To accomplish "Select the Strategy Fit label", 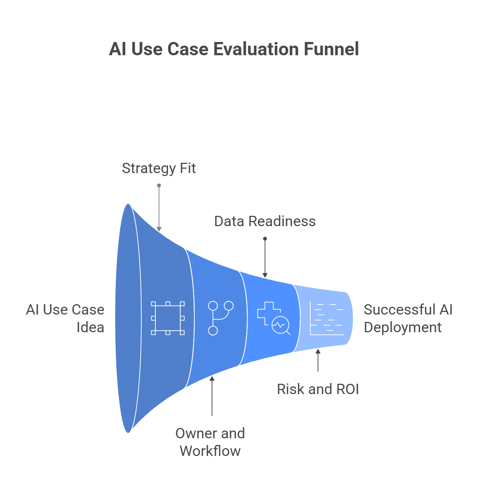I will pyautogui.click(x=159, y=168).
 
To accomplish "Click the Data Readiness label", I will pyautogui.click(x=265, y=221).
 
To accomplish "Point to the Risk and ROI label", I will pyautogui.click(x=318, y=389).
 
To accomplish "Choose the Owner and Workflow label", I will pyautogui.click(x=210, y=442).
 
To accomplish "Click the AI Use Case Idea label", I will pyautogui.click(x=66, y=318).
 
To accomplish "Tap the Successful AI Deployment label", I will pyautogui.click(x=408, y=318).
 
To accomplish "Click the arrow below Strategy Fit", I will pyautogui.click(x=159, y=208).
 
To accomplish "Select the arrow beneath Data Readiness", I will pyautogui.click(x=265, y=258).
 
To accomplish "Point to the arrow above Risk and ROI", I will pyautogui.click(x=318, y=361).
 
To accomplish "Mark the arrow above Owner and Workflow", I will pyautogui.click(x=212, y=396).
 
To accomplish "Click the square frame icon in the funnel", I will pyautogui.click(x=168, y=318).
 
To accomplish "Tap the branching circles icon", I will pyautogui.click(x=220, y=318).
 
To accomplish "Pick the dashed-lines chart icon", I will pyautogui.click(x=326, y=318).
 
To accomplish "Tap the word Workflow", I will pyautogui.click(x=210, y=451).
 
